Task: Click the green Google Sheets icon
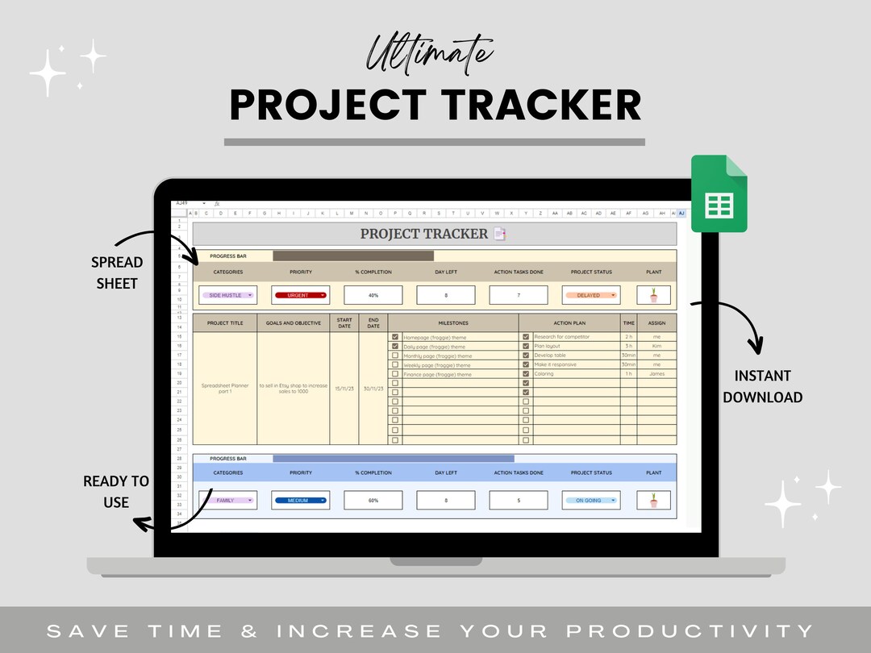pyautogui.click(x=719, y=193)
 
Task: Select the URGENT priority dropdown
pyautogui.click(x=300, y=295)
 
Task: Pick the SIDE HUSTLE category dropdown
pyautogui.click(x=227, y=295)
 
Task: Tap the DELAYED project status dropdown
pyautogui.click(x=590, y=295)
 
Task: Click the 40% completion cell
pyautogui.click(x=373, y=295)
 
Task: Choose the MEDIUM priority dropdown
pyautogui.click(x=300, y=501)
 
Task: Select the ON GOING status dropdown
pyautogui.click(x=590, y=501)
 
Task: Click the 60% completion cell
pyautogui.click(x=373, y=501)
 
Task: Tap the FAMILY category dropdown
pyautogui.click(x=227, y=501)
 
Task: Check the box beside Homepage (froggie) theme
pyautogui.click(x=395, y=337)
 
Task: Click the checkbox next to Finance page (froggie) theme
pyautogui.click(x=395, y=374)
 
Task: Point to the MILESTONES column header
pyautogui.click(x=453, y=322)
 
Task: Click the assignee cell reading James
pyautogui.click(x=656, y=373)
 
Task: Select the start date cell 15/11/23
pyautogui.click(x=344, y=389)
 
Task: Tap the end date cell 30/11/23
pyautogui.click(x=373, y=389)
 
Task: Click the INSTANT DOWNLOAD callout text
pyautogui.click(x=762, y=386)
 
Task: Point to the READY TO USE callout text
pyautogui.click(x=116, y=491)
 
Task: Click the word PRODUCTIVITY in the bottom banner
pyautogui.click(x=690, y=630)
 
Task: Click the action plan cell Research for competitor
pyautogui.click(x=562, y=337)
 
